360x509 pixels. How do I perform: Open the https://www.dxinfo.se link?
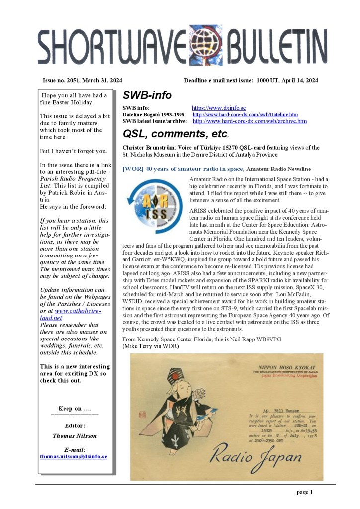tap(219, 108)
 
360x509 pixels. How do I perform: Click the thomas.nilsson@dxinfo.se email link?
tap(73, 456)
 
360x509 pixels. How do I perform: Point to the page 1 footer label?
tap(304, 492)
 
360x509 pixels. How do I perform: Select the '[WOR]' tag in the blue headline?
tap(132, 169)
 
